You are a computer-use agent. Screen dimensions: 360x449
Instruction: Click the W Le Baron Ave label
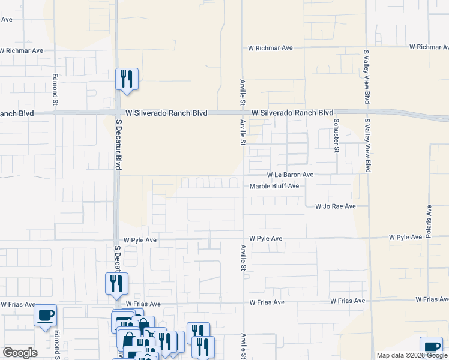(291, 175)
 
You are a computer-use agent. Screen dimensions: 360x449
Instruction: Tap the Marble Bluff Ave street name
(274, 186)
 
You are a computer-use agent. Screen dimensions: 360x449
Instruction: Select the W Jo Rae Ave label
(336, 206)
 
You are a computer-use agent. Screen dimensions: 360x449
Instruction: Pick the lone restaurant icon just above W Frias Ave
(116, 284)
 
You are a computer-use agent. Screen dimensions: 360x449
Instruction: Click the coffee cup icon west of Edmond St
(46, 316)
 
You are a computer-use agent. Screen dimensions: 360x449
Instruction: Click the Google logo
(20, 353)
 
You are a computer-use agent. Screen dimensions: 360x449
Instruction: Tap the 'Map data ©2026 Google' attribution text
(411, 355)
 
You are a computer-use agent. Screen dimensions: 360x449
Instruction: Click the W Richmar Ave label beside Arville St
(270, 47)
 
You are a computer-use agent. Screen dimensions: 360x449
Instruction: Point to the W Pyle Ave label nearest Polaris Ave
(405, 238)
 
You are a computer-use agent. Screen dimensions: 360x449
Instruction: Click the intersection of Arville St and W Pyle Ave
(243, 239)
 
